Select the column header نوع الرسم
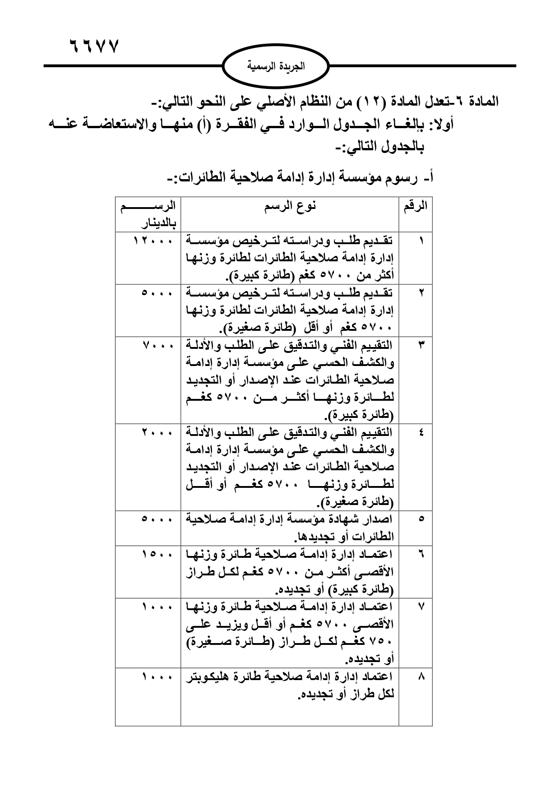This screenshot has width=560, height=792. pos(290,206)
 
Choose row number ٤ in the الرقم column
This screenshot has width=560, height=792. pos(421,433)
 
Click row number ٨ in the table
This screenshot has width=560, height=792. pos(421,676)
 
